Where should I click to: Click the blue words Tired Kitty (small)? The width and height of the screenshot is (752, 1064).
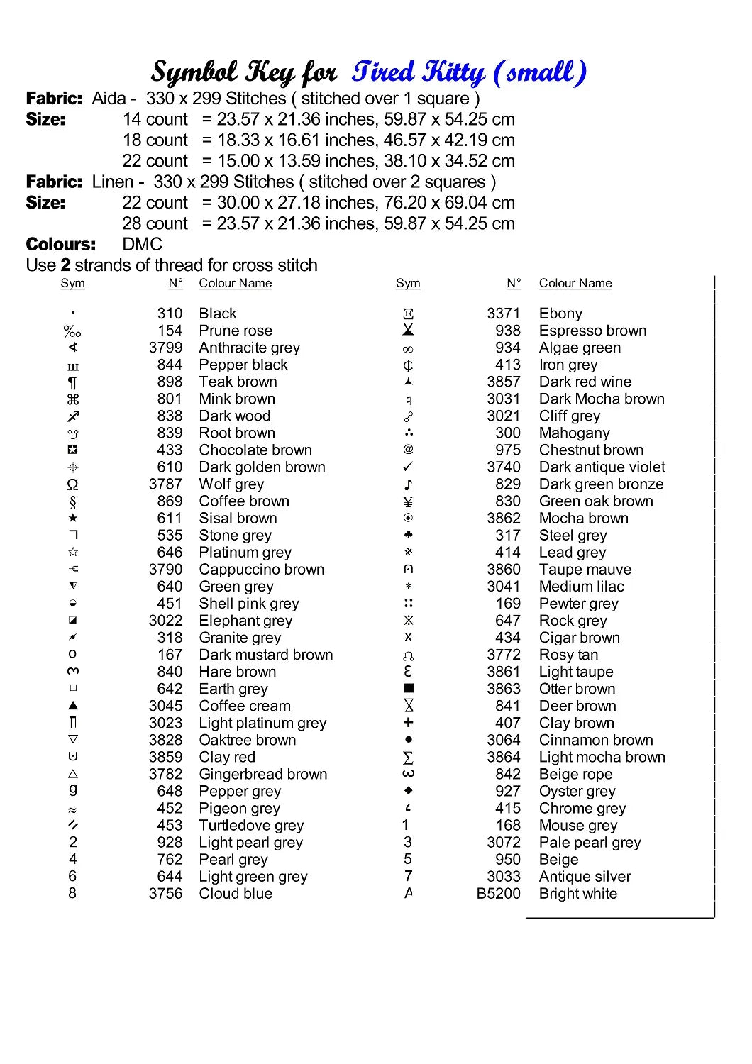click(x=469, y=72)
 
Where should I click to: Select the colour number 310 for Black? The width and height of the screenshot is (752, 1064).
click(x=170, y=314)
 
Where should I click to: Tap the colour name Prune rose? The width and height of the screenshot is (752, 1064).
click(x=236, y=331)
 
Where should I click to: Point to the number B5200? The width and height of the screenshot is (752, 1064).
click(x=498, y=894)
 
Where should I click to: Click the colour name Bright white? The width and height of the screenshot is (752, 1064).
click(x=577, y=894)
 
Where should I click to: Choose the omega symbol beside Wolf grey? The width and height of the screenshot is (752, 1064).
click(x=72, y=484)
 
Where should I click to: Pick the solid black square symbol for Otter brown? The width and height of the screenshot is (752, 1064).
click(x=408, y=689)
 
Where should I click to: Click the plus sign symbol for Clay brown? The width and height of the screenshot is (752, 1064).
click(x=408, y=723)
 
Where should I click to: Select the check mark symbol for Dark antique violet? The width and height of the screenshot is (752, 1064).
click(x=408, y=467)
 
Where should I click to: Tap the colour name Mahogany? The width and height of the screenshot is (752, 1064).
click(x=574, y=433)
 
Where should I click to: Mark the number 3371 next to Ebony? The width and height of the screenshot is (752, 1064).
click(x=503, y=314)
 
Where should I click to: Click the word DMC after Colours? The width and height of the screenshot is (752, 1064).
click(x=142, y=245)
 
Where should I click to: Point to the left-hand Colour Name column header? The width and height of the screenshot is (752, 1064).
click(x=235, y=284)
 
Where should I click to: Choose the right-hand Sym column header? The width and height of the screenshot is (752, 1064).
click(x=408, y=284)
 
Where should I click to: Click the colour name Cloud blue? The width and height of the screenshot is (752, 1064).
click(x=236, y=894)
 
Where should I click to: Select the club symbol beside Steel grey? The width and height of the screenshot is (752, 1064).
click(x=408, y=535)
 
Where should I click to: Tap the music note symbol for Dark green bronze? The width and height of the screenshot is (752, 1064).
click(x=408, y=484)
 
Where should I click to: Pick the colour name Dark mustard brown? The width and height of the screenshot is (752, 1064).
click(x=265, y=655)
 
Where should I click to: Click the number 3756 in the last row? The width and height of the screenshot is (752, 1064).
click(x=165, y=894)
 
